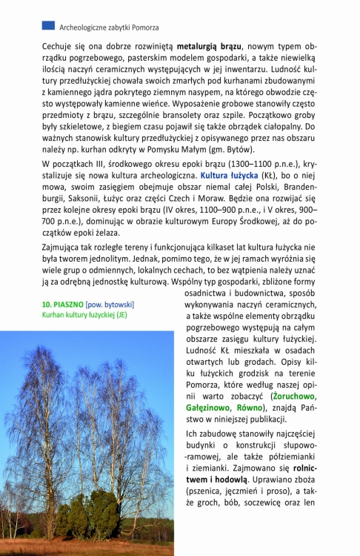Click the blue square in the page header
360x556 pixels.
pyautogui.click(x=48, y=26)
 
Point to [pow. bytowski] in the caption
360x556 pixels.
pyautogui.click(x=110, y=305)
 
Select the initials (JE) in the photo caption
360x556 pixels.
pyautogui.click(x=121, y=315)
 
